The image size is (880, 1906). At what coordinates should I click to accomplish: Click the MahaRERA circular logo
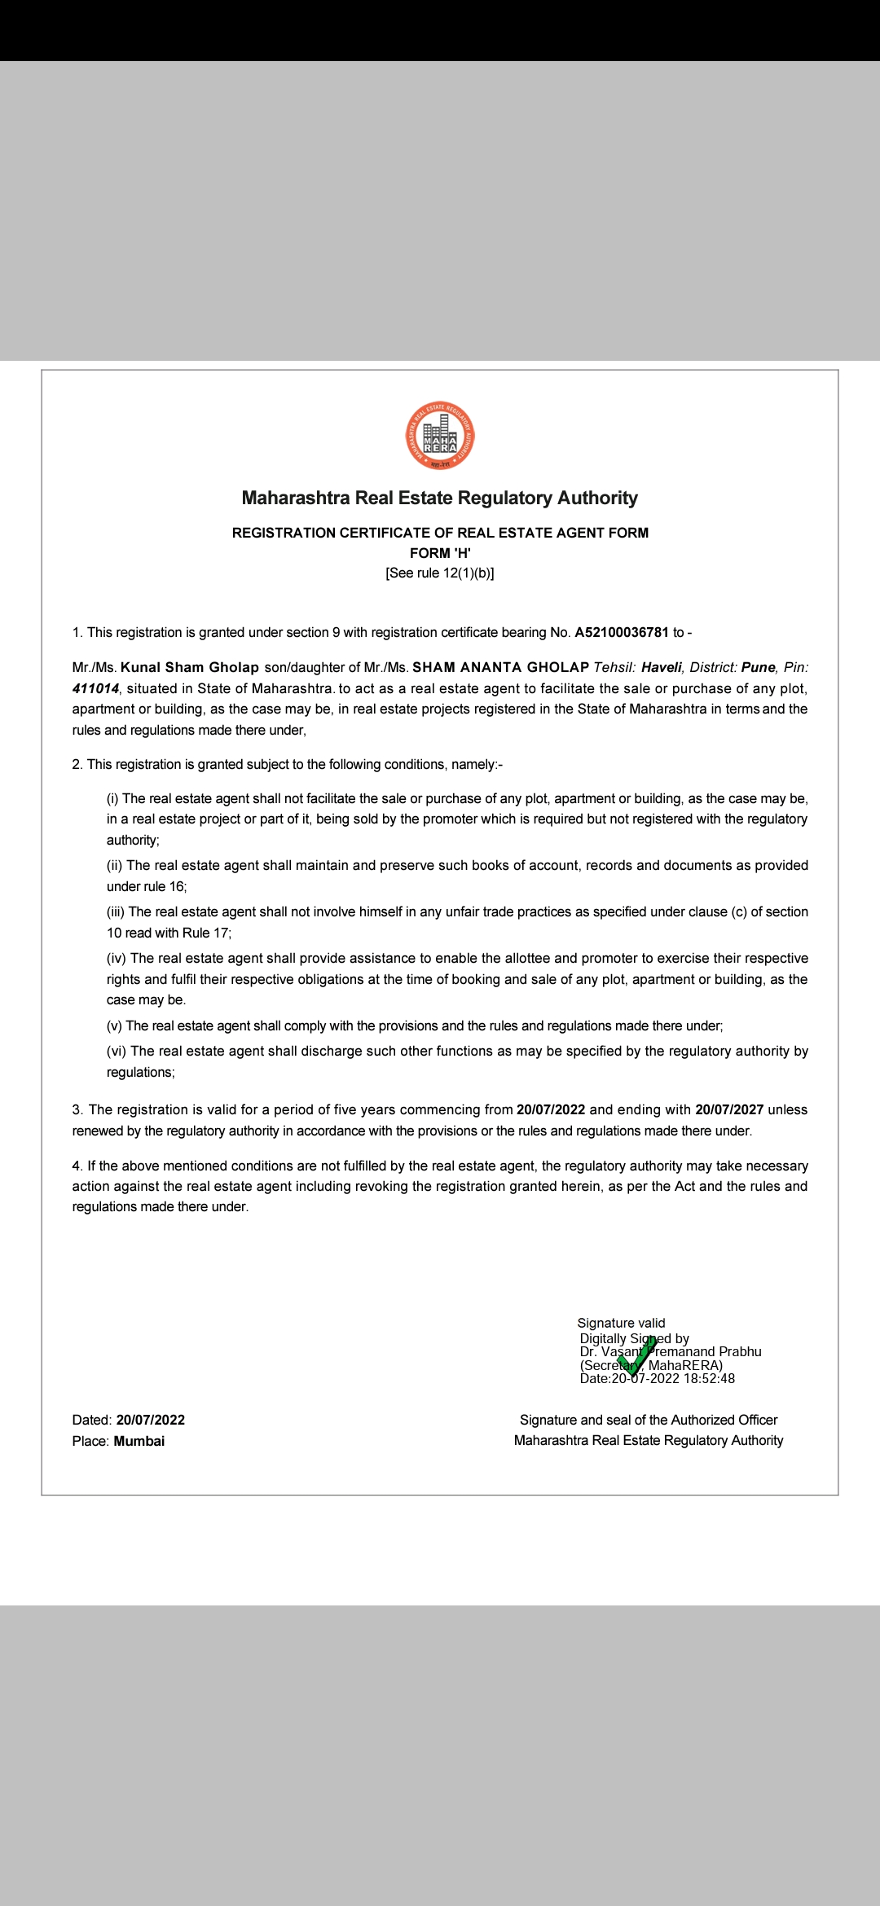pos(440,437)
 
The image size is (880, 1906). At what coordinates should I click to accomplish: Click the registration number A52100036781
pos(622,633)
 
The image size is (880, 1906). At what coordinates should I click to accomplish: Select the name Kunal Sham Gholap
pos(190,668)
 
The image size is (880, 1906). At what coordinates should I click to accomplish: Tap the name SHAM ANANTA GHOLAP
pos(500,668)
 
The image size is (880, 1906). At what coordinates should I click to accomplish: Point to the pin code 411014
pos(95,689)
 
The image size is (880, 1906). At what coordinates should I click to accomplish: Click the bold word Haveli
pos(661,668)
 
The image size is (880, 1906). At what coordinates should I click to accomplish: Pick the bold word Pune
pos(758,668)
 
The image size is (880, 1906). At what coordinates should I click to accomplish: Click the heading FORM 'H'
pos(440,553)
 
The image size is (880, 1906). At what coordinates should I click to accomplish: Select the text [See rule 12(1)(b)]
pos(440,573)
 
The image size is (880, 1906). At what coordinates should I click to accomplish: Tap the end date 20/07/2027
pos(729,1110)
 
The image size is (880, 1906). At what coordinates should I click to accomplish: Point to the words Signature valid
pos(621,1324)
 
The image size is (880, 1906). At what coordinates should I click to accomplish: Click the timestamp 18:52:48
pos(709,1379)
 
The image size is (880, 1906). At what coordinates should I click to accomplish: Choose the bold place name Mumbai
pos(139,1442)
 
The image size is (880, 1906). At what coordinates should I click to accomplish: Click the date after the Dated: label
pos(151,1421)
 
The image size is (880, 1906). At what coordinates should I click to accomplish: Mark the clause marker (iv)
pos(117,959)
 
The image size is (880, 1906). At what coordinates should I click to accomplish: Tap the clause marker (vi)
pos(117,1052)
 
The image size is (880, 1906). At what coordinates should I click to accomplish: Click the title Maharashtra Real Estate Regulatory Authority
pos(440,498)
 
